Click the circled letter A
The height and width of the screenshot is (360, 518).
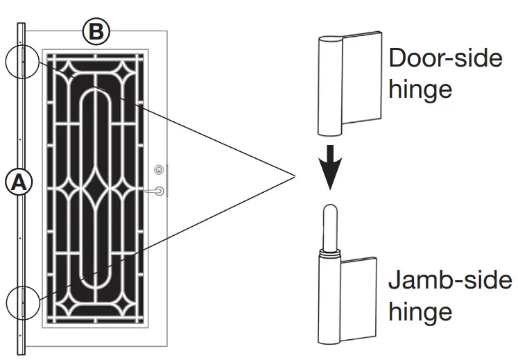coord(19,182)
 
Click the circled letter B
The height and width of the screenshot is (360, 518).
coord(95,31)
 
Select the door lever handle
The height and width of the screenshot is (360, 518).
coord(159,190)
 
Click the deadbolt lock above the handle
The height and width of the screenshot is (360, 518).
coord(159,169)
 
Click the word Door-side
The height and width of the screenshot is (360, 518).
coord(445,58)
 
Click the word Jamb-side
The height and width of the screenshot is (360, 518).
coord(449,281)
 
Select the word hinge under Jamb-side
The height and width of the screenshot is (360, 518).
coord(420,311)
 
